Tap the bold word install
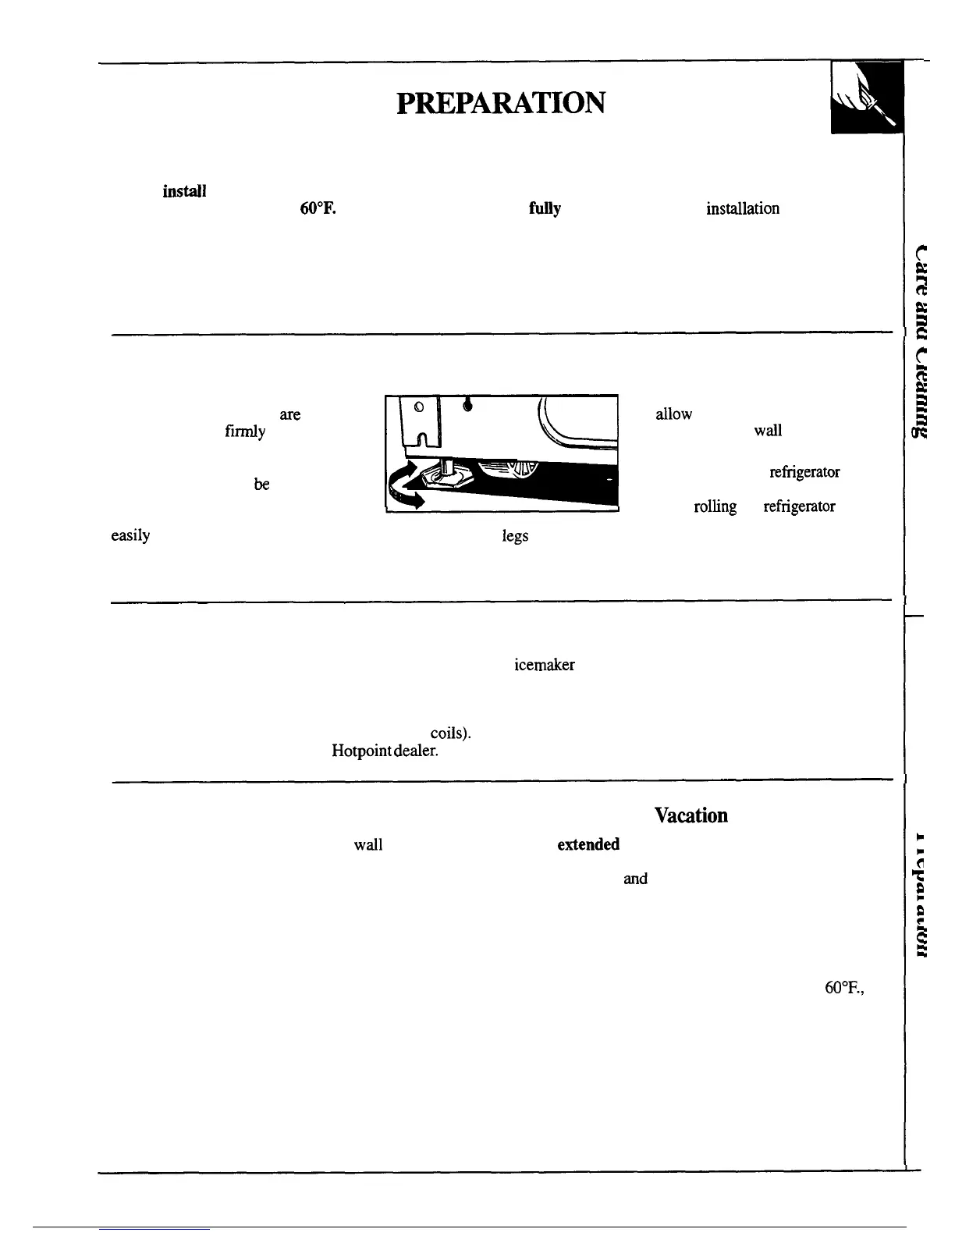tap(184, 191)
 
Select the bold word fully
tap(545, 209)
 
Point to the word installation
tap(742, 209)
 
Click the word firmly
tap(245, 432)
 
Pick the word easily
tap(130, 536)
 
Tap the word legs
tap(515, 536)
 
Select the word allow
tap(673, 414)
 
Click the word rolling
tap(715, 507)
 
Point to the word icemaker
tap(544, 665)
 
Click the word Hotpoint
tap(362, 751)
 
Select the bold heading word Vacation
tap(691, 815)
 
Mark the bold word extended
tap(588, 844)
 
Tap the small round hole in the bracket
tap(418, 407)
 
